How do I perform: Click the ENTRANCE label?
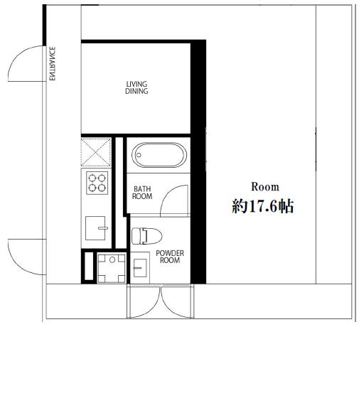coord(52,63)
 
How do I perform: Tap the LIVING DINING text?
coord(136,87)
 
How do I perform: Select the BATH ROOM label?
coord(142,193)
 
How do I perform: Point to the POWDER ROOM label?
coord(170,257)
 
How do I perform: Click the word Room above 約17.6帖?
coord(265,187)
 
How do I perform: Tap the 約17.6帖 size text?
coord(262,206)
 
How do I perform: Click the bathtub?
coord(159,155)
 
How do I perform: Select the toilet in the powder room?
coord(146,236)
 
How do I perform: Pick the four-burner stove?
coord(97,183)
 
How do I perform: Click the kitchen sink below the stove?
coord(96,228)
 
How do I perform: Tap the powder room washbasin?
coord(140,268)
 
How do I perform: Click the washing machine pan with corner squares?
coord(112,267)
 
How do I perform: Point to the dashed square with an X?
coord(95,153)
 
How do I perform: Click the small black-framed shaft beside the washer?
coord(89,267)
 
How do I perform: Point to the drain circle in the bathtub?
coord(139,155)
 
